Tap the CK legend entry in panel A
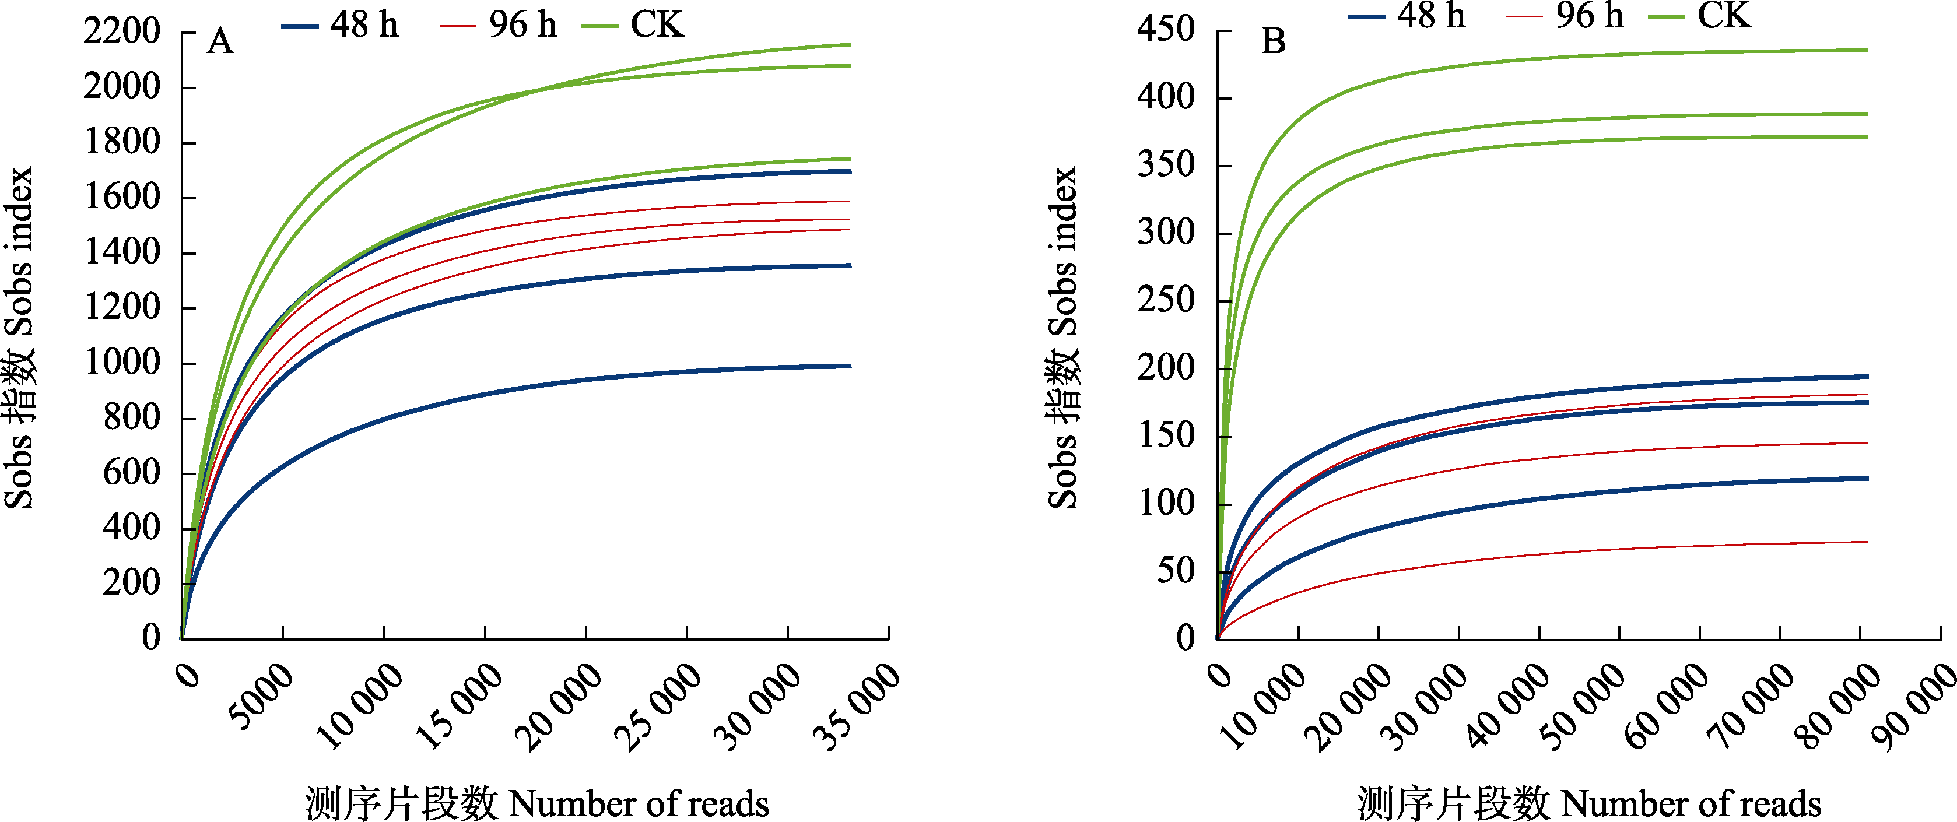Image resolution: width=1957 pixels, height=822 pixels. click(633, 25)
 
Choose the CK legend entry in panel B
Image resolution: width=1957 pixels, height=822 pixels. click(1701, 15)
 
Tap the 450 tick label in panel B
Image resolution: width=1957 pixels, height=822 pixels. click(1166, 30)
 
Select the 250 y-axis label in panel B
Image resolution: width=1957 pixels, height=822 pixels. click(1166, 300)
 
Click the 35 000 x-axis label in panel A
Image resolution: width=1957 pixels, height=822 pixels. click(855, 707)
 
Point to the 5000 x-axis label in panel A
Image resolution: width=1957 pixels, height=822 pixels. click(260, 697)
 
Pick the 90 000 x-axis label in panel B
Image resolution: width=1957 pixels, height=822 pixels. click(1914, 707)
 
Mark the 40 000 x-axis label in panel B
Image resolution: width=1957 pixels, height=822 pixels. click(1508, 707)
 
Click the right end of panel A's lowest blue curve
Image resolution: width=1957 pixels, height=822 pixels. click(850, 366)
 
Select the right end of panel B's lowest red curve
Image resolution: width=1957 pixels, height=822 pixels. click(1866, 542)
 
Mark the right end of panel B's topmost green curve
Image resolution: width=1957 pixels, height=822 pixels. click(1867, 50)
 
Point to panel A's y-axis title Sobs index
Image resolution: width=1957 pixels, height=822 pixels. click(19, 338)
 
